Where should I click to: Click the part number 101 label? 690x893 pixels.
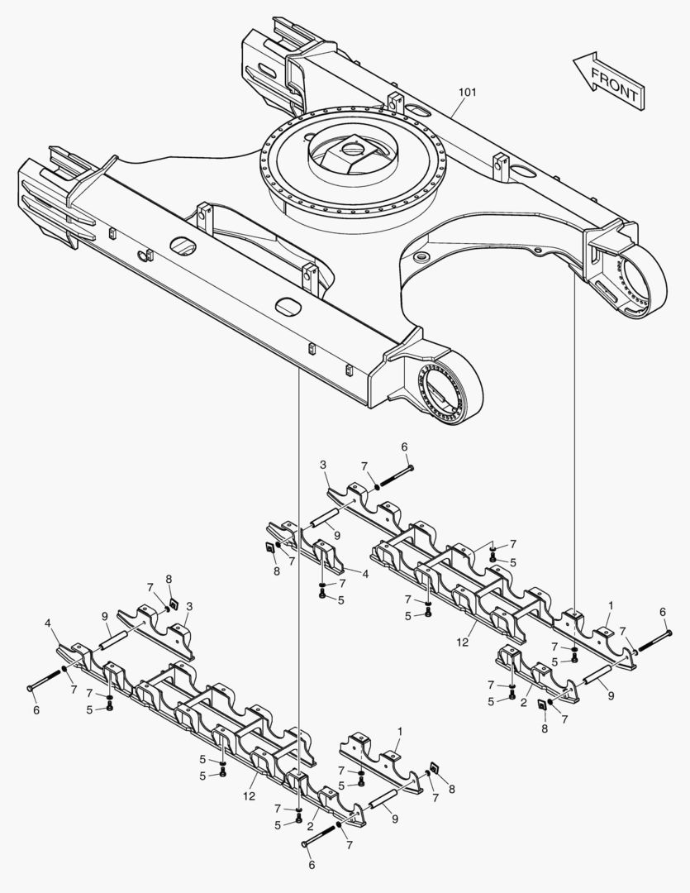pos(467,92)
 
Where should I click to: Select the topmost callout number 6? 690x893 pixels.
pos(405,447)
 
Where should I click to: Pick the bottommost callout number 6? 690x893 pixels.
pos(312,865)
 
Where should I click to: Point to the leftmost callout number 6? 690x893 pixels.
pos(35,709)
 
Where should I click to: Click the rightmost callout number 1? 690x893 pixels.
pos(610,605)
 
